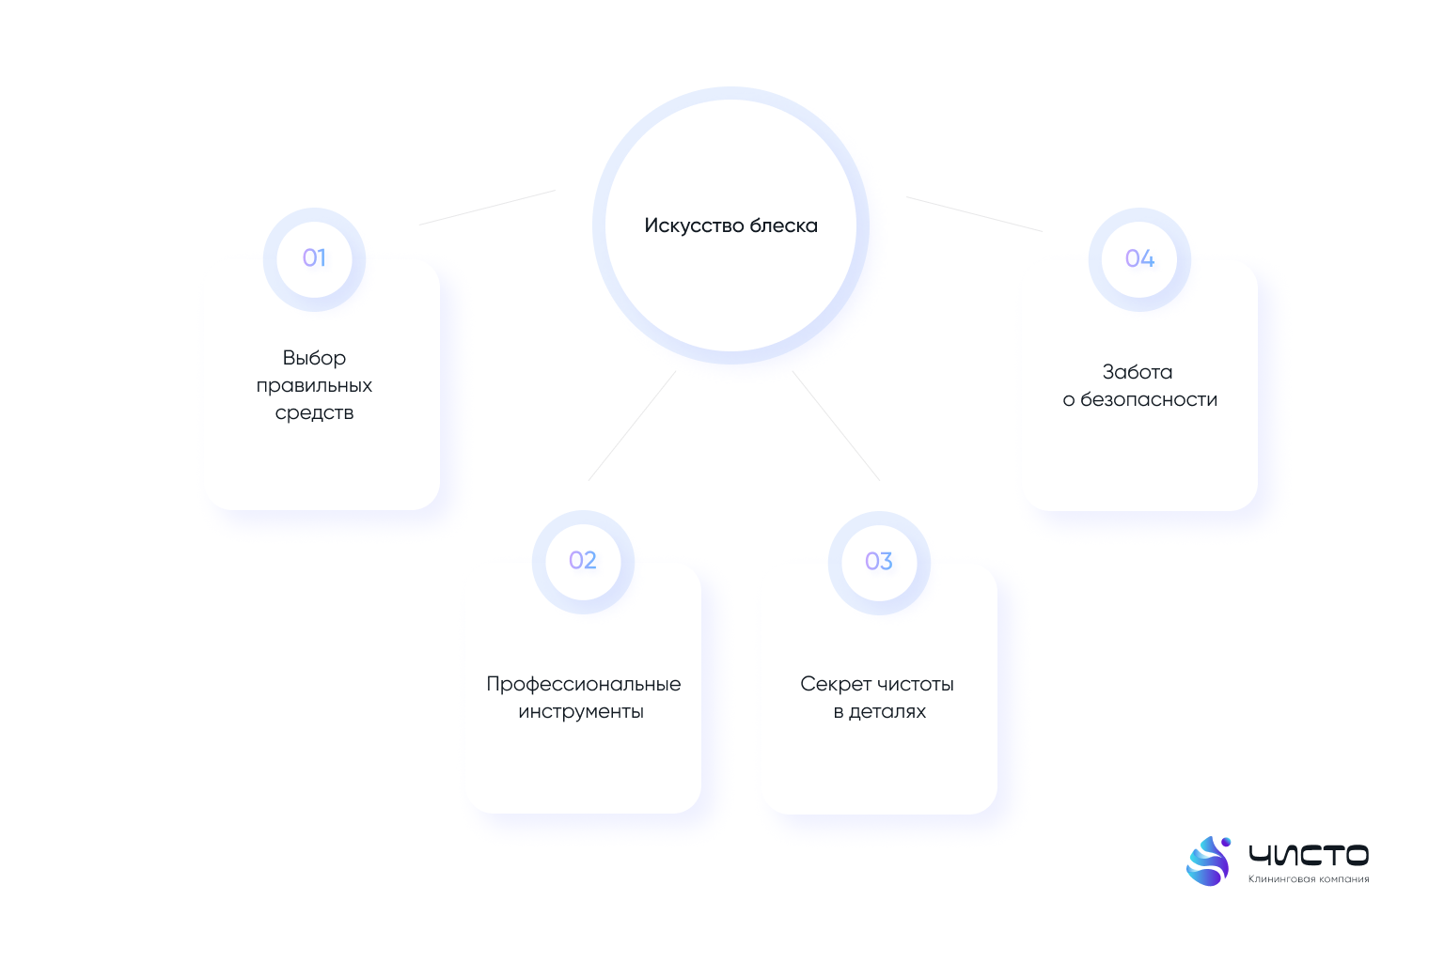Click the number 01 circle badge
point(314,259)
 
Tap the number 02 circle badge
point(583,562)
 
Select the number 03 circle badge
point(879,563)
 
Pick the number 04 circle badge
point(1139,259)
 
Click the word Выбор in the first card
point(314,358)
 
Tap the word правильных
point(314,386)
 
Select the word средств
point(314,413)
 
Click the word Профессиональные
point(584,684)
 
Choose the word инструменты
point(581,711)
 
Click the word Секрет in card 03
point(834,684)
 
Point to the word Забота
point(1138,372)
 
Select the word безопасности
point(1149,400)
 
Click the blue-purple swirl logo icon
point(1208,861)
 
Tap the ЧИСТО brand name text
point(1309,855)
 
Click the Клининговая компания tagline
point(1309,879)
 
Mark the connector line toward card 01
point(487,208)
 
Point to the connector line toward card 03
point(836,426)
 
